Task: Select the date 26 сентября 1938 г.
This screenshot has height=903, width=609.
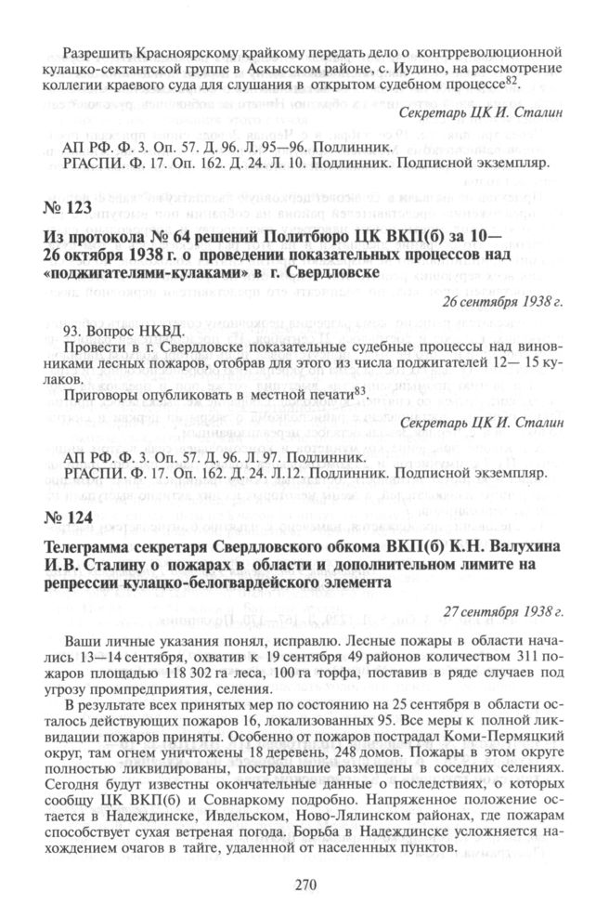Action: [x=511, y=304]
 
